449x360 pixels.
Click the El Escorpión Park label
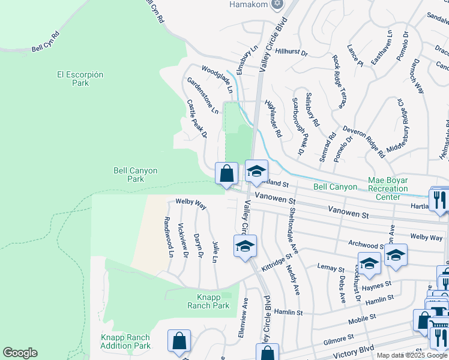(80, 79)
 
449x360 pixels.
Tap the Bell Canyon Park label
(136, 175)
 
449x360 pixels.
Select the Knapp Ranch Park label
(213, 301)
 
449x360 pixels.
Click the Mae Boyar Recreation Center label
(387, 188)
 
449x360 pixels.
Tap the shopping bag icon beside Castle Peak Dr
(226, 175)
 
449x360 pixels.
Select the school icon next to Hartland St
(256, 172)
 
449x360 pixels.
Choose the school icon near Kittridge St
(245, 247)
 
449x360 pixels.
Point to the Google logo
(20, 353)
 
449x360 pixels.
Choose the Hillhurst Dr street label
(291, 53)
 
